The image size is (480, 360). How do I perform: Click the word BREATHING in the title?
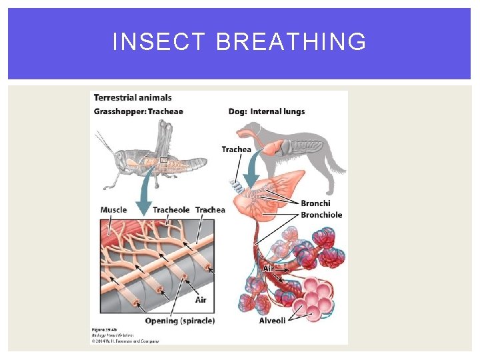291,42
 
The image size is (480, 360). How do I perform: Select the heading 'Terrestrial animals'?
132,98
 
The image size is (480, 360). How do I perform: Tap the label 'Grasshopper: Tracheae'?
138,111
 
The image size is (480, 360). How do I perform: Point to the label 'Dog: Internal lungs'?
267,111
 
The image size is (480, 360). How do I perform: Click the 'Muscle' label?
113,210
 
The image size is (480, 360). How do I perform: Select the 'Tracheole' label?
171,210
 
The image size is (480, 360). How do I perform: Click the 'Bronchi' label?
315,203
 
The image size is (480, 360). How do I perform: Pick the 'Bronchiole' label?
321,215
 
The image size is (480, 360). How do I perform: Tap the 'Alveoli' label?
272,321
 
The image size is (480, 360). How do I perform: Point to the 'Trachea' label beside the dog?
237,149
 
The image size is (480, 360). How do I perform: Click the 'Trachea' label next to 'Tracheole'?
210,210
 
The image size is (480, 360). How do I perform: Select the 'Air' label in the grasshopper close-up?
201,300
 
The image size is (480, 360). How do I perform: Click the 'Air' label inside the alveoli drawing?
268,268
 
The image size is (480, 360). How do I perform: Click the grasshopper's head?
120,160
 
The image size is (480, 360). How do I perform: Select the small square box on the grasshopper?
163,160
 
